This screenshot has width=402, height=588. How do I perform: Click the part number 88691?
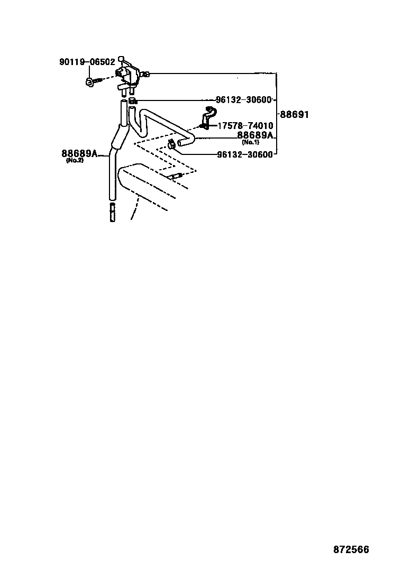click(294, 114)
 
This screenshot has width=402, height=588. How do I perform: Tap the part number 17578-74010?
click(245, 126)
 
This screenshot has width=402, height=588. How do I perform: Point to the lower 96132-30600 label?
click(244, 154)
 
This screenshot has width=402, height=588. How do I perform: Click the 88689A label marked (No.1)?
click(254, 135)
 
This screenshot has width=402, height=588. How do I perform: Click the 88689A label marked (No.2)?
click(79, 153)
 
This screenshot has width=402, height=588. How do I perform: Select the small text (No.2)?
click(75, 160)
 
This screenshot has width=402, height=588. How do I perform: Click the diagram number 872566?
click(351, 549)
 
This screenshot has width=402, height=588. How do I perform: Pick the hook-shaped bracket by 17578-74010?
click(208, 116)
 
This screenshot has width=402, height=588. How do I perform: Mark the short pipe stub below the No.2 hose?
click(112, 213)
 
